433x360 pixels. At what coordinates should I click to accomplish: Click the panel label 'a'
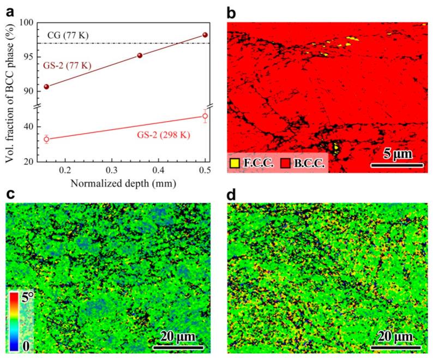pos(9,10)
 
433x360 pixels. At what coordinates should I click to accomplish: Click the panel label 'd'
pos(231,193)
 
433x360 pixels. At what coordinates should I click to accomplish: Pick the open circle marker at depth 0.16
pos(46,139)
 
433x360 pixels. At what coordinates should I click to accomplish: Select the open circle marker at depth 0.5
pos(205,116)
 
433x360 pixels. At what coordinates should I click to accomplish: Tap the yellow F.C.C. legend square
pos(235,163)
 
